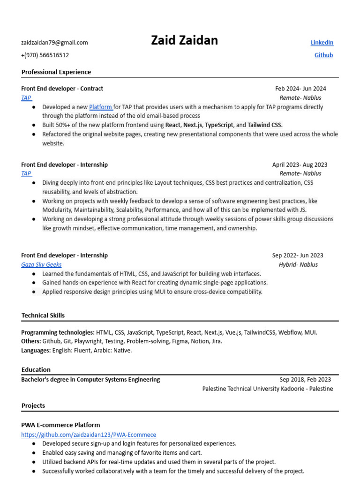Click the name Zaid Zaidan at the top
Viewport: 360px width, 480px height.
pyautogui.click(x=184, y=41)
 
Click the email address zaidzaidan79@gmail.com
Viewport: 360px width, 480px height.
pyautogui.click(x=54, y=43)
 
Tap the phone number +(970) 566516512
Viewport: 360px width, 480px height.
pyautogui.click(x=45, y=55)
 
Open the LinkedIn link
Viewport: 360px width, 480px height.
pyautogui.click(x=322, y=43)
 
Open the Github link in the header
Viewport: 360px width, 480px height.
pyautogui.click(x=323, y=55)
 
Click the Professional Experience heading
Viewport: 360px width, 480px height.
pyautogui.click(x=56, y=72)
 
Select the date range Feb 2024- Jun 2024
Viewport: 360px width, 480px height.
pyautogui.click(x=300, y=89)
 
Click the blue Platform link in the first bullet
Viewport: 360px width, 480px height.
pyautogui.click(x=100, y=107)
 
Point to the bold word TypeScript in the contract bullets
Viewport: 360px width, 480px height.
pyautogui.click(x=219, y=125)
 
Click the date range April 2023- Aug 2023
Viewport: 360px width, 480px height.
pyautogui.click(x=300, y=165)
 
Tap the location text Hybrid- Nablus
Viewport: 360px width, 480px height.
pyautogui.click(x=298, y=264)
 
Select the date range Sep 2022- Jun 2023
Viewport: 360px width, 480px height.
pyautogui.click(x=298, y=255)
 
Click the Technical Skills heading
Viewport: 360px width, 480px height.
pyautogui.click(x=43, y=315)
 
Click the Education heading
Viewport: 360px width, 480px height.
pyautogui.click(x=36, y=370)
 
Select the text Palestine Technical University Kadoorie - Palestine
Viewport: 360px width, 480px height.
pyautogui.click(x=267, y=389)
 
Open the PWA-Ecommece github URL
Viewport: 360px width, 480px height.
pyautogui.click(x=89, y=435)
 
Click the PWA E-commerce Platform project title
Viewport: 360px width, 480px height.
pyautogui.click(x=60, y=425)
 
